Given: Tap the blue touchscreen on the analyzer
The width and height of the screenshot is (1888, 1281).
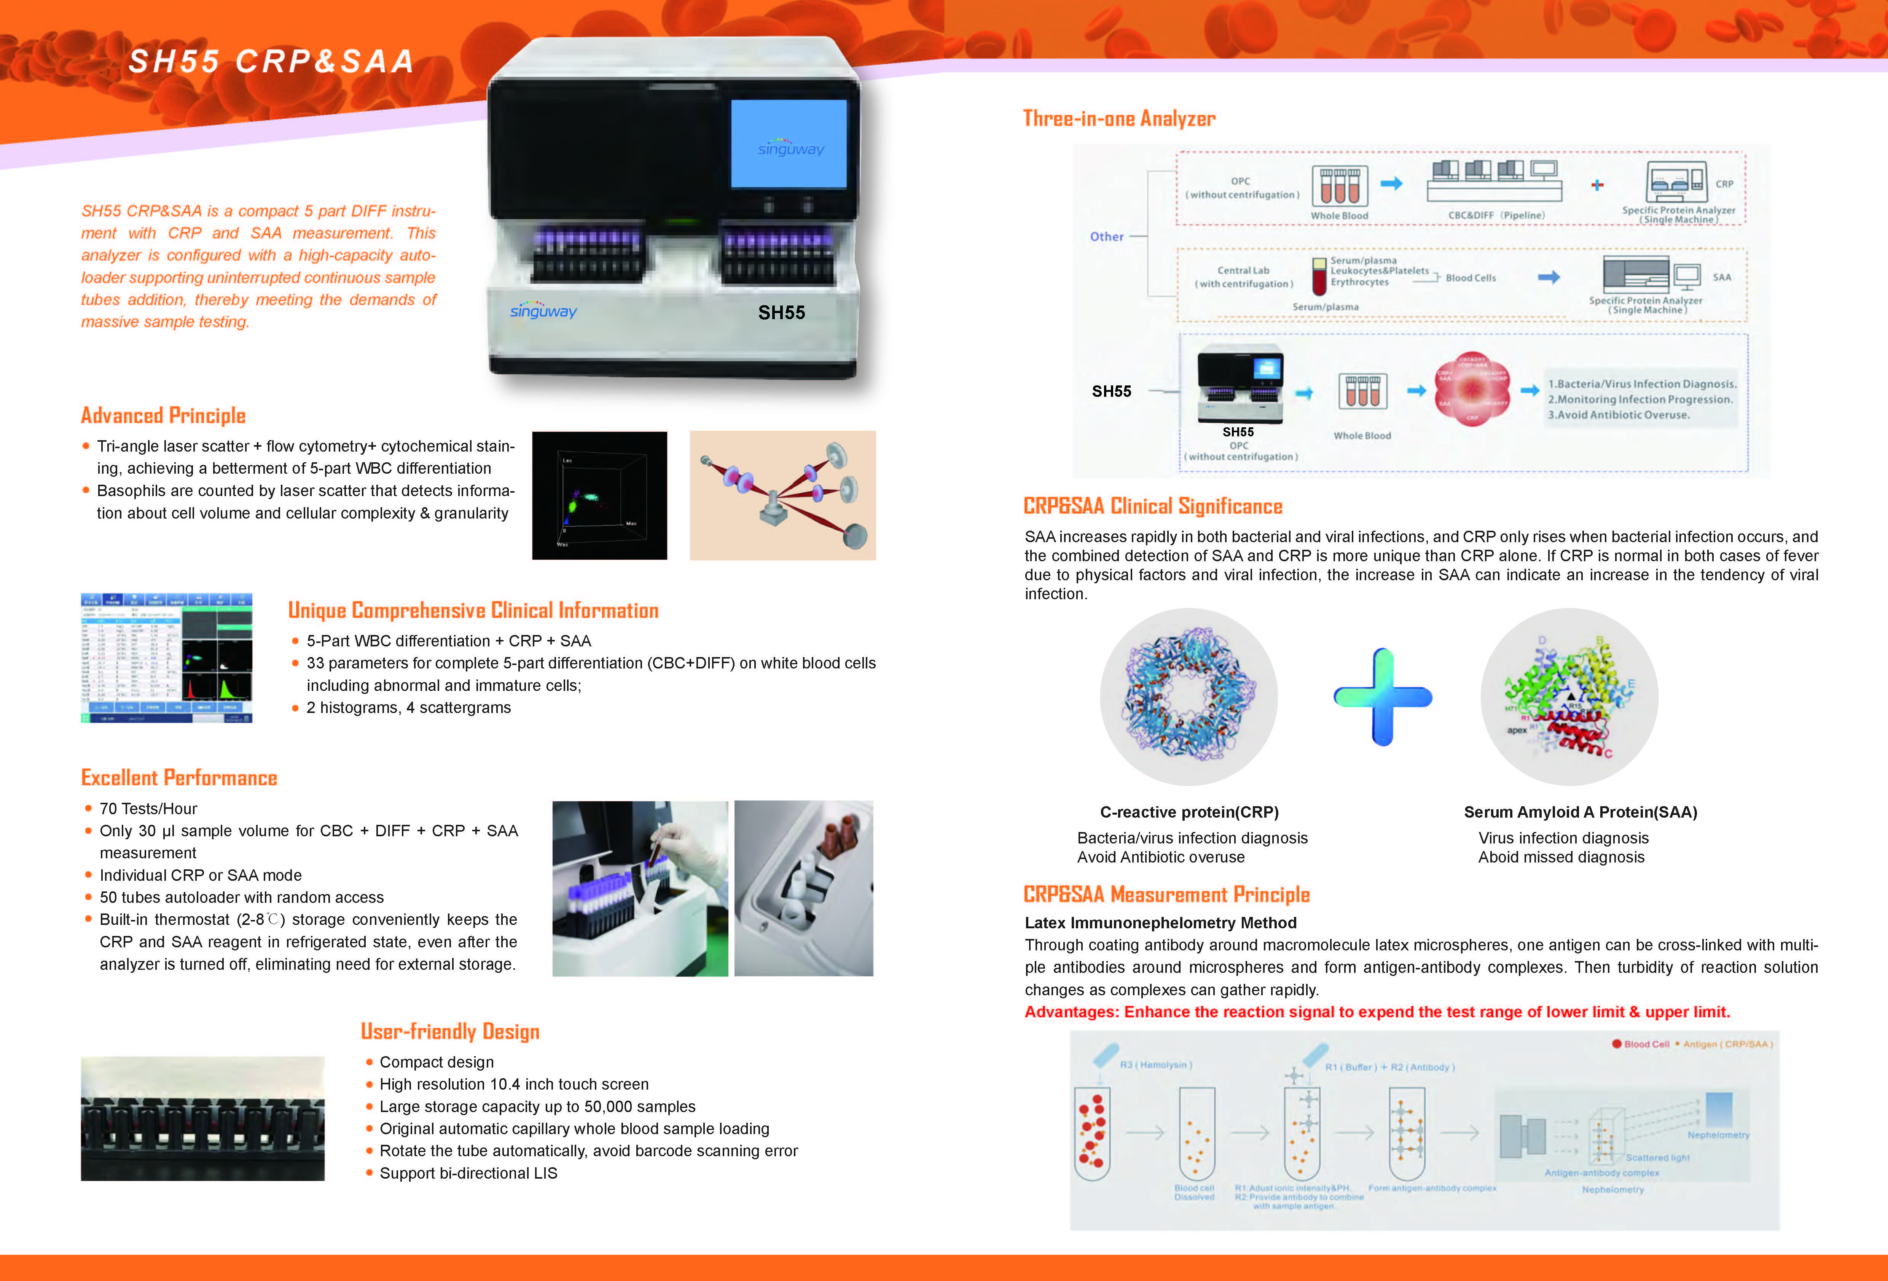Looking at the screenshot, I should click(788, 145).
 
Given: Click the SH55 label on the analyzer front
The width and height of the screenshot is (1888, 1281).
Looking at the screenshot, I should click(781, 313).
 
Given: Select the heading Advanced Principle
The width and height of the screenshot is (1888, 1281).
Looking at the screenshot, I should click(163, 416).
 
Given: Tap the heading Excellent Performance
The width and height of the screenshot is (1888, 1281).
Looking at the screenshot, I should click(179, 778).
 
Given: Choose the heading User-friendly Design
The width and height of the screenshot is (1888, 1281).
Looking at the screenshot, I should click(450, 1032).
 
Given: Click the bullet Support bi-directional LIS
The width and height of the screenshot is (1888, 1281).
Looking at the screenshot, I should click(468, 1173).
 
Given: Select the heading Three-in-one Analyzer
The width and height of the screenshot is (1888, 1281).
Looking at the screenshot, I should click(1118, 119).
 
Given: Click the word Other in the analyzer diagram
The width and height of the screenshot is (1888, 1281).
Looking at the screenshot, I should click(1106, 236).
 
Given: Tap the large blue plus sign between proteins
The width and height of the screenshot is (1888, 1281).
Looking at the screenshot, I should click(1382, 697).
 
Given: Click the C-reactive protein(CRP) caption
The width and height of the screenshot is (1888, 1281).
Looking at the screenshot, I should click(1189, 812).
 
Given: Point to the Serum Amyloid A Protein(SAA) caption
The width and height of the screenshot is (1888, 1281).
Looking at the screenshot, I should click(1580, 812).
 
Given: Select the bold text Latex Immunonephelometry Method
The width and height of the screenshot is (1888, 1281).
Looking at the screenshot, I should click(1160, 923).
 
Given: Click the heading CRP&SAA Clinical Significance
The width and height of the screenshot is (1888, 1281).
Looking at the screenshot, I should click(1152, 507).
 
